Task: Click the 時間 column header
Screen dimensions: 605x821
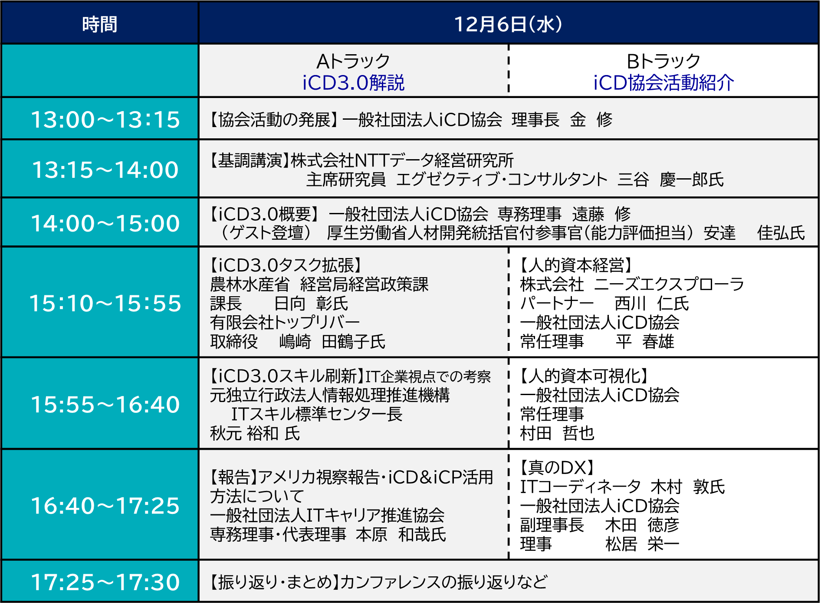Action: coord(100,24)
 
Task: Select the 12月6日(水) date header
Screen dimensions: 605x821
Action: coord(508,24)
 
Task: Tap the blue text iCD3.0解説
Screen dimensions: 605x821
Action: coord(353,82)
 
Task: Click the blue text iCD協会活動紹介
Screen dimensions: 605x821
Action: coord(663,82)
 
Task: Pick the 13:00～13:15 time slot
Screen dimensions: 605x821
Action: coord(105,119)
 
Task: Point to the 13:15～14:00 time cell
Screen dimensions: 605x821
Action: coord(105,169)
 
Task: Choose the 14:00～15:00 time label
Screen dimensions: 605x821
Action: coord(105,223)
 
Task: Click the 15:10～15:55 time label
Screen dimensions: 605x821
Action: coord(105,303)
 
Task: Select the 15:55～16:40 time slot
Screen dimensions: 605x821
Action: coord(105,404)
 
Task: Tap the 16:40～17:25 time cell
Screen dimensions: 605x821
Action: coord(105,505)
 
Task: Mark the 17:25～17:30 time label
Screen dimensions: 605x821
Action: coord(105,582)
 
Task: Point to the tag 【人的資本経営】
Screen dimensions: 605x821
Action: coord(576,265)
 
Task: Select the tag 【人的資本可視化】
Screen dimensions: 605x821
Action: coord(584,376)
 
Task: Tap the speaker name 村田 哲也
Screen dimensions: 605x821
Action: coord(557,433)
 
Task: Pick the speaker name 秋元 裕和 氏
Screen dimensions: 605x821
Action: coord(255,433)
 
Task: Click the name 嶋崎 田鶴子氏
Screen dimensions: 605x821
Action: coord(332,342)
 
